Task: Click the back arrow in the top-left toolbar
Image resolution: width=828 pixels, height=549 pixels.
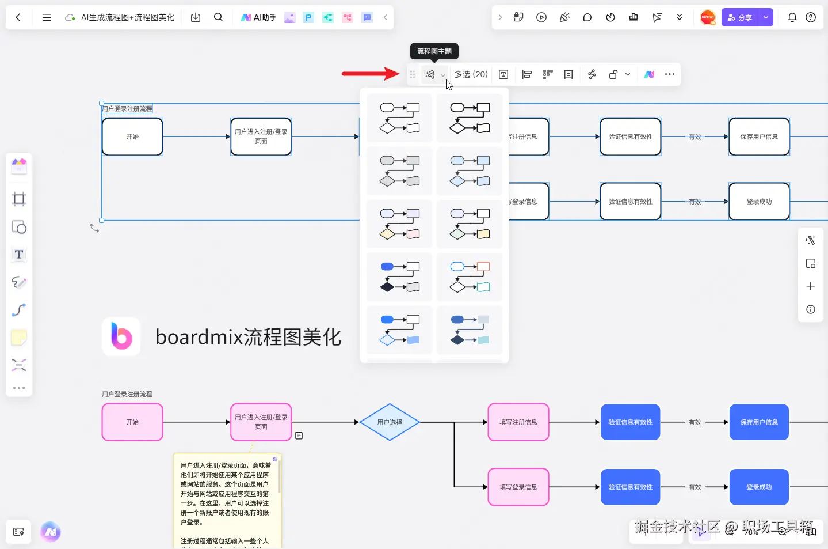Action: point(18,17)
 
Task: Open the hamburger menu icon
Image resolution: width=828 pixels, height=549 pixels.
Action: point(47,17)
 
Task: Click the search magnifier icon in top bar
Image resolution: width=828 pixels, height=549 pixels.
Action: point(218,17)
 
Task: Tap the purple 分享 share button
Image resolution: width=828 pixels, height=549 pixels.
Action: point(740,17)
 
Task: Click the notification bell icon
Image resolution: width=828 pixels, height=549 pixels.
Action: point(792,17)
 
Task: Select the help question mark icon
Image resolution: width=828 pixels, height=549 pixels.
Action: point(811,17)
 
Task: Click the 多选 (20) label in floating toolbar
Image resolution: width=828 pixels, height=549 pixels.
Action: point(471,74)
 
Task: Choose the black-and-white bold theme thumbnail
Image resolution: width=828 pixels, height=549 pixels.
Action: point(470,118)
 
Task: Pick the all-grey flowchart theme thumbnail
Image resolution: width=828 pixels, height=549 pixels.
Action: point(399,171)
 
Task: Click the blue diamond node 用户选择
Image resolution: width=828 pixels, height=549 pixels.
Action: point(390,422)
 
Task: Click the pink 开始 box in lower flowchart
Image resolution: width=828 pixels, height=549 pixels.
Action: point(132,422)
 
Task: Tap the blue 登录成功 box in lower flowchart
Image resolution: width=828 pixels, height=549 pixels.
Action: point(759,487)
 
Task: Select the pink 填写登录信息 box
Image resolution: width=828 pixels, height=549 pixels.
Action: point(518,487)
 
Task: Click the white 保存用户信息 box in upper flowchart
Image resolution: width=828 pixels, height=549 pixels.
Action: point(759,137)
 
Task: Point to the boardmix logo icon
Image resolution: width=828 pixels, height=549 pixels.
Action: point(121,336)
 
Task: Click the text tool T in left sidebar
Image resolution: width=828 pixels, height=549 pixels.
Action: point(19,255)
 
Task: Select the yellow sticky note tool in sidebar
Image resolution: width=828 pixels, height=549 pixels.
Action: point(19,338)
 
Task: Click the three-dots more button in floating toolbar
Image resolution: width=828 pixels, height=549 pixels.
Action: point(669,74)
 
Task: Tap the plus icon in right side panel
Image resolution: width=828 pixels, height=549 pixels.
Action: point(810,286)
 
